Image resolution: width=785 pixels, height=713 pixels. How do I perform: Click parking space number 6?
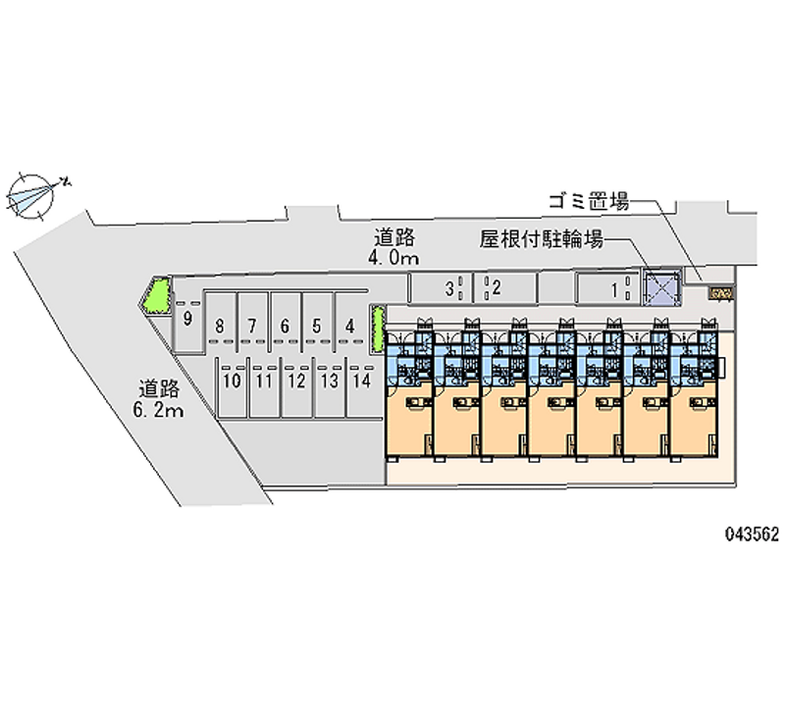click(x=285, y=326)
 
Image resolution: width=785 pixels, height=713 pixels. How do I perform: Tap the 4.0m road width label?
click(x=396, y=248)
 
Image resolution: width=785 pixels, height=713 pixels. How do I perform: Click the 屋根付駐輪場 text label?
click(x=541, y=238)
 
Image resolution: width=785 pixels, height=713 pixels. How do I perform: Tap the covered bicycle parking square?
click(x=659, y=287)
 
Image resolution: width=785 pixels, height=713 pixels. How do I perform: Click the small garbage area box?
click(x=721, y=293)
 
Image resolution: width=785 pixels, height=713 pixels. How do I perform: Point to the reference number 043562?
click(x=752, y=535)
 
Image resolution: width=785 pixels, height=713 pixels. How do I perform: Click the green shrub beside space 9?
click(x=156, y=296)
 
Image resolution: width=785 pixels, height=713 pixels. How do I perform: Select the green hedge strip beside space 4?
click(x=375, y=328)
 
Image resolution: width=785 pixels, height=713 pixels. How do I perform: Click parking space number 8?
click(x=222, y=326)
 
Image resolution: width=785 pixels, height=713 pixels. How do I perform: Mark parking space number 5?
click(x=317, y=326)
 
